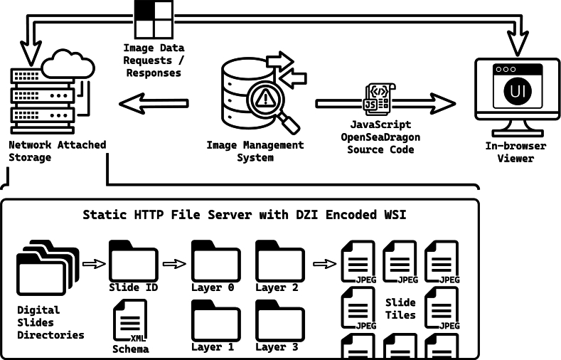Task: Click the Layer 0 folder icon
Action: click(215, 261)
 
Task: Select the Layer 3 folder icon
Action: click(280, 321)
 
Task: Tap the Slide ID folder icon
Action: click(134, 261)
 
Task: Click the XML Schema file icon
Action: click(130, 320)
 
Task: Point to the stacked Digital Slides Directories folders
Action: click(48, 268)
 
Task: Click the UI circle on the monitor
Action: click(518, 91)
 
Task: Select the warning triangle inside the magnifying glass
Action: click(265, 97)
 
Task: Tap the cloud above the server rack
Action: click(68, 65)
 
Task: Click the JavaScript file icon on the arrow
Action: click(379, 99)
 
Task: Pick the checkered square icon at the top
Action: click(154, 19)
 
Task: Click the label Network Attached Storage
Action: click(58, 151)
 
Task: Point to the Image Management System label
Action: click(255, 152)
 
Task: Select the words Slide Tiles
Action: click(400, 309)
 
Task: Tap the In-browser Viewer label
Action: click(515, 152)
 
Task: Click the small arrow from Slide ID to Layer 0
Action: click(174, 264)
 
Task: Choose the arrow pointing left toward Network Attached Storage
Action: click(154, 104)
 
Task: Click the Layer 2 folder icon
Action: click(280, 261)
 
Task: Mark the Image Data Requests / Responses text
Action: click(154, 60)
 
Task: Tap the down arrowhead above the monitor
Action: click(518, 43)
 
